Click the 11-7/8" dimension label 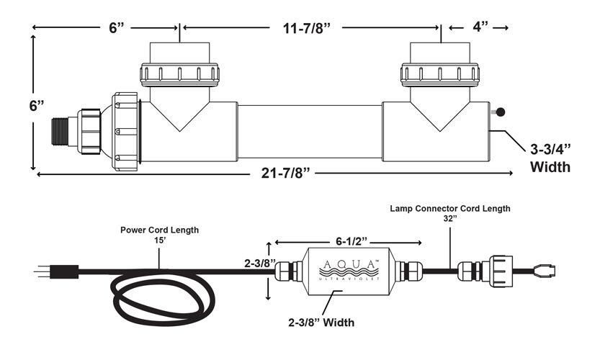[x=306, y=28]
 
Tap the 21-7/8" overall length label [x=285, y=174]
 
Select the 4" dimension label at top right [x=480, y=27]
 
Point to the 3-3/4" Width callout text [x=550, y=158]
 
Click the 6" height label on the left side [x=37, y=106]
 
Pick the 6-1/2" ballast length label [x=352, y=241]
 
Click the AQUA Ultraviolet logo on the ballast [x=349, y=270]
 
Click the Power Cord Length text [x=160, y=230]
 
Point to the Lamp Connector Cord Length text [x=450, y=209]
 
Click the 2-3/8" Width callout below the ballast [x=321, y=323]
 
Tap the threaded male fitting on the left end [x=60, y=131]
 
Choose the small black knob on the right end [x=500, y=112]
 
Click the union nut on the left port [x=179, y=75]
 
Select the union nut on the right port [x=440, y=74]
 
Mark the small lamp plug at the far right [x=543, y=271]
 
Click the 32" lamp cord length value [x=450, y=219]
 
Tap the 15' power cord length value [x=160, y=240]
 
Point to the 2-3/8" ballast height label [x=260, y=264]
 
